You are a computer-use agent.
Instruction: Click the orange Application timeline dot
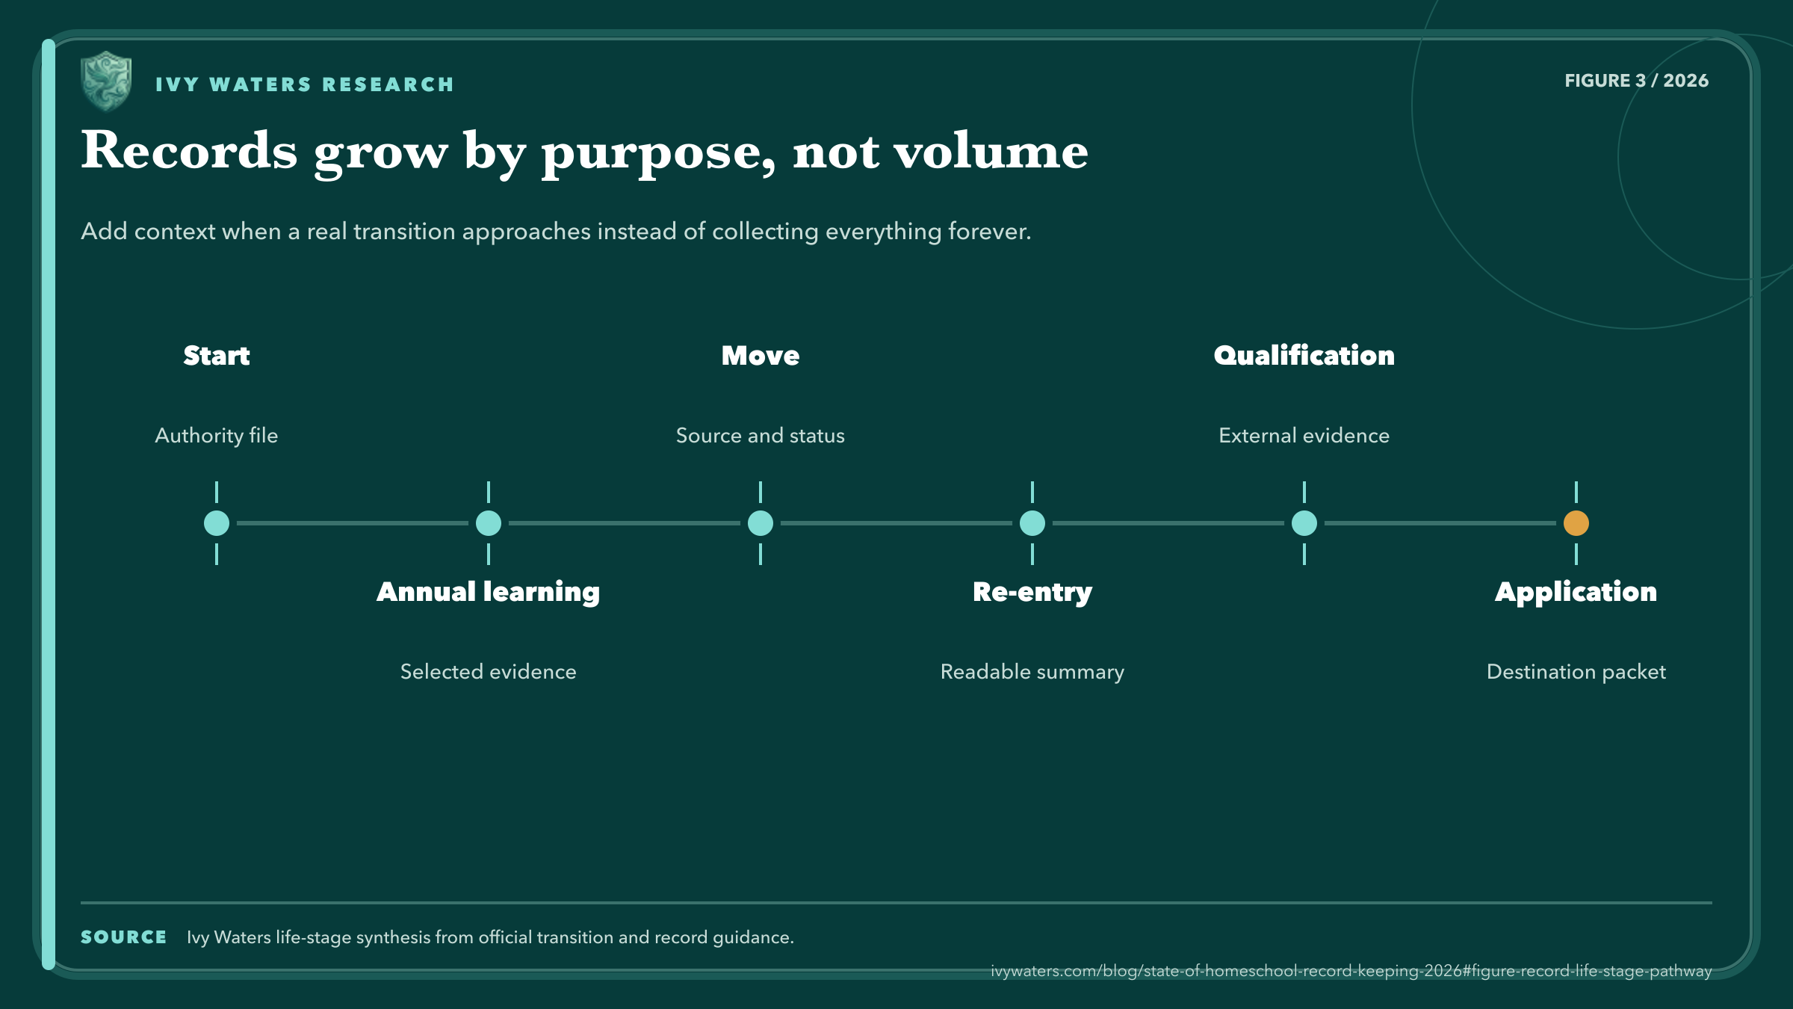(1576, 523)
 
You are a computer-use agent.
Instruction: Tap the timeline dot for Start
(217, 523)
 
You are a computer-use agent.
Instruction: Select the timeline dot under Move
(761, 523)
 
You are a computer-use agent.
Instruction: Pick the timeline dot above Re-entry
(1032, 523)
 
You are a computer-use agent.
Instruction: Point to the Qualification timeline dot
(1304, 523)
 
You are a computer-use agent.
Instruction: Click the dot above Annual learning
(489, 523)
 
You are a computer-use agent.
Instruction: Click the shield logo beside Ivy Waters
(106, 81)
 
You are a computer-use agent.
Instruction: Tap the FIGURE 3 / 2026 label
(1637, 81)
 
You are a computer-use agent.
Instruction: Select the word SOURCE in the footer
(123, 937)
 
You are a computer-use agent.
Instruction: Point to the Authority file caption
(217, 436)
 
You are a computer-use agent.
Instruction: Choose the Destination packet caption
(1576, 672)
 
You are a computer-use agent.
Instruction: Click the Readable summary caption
(1032, 672)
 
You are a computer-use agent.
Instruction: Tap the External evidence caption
(1304, 436)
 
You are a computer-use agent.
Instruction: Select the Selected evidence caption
(489, 672)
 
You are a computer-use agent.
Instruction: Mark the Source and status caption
(761, 436)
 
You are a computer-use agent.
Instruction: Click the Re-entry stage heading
(1032, 592)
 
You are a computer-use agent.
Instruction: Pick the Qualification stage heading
(1304, 356)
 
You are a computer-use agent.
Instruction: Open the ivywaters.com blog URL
(1351, 971)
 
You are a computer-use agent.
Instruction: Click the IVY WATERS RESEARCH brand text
(305, 84)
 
